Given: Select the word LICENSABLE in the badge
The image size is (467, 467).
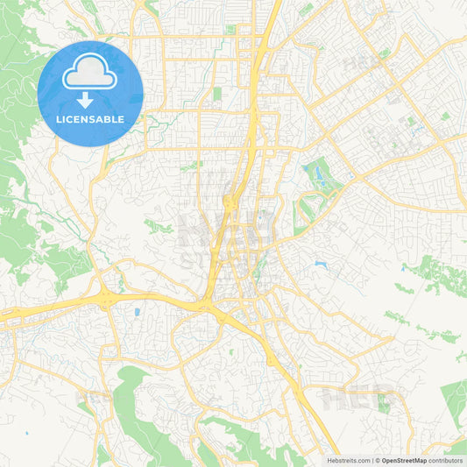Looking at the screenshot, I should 90,119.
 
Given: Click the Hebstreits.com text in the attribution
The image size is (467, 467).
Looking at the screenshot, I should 346,460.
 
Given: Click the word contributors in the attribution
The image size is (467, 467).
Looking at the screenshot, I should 445,460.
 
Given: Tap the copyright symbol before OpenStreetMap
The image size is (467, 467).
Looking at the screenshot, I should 377,460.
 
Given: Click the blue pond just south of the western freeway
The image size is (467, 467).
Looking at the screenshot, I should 137,311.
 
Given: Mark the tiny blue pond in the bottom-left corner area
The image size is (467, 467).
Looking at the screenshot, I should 26,432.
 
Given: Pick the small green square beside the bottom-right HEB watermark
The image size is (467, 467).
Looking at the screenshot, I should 383,402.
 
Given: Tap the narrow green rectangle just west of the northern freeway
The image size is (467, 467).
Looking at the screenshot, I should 216,93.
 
